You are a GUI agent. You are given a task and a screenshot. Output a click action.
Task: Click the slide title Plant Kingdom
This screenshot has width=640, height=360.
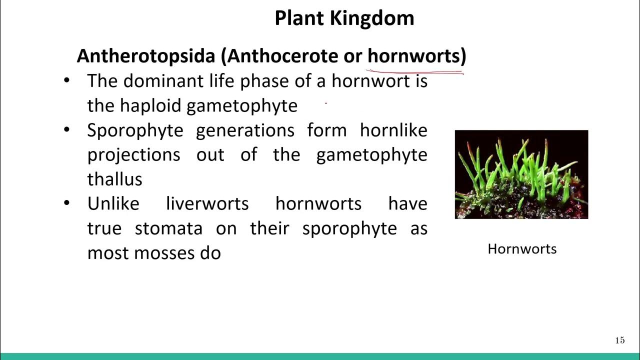tap(344, 18)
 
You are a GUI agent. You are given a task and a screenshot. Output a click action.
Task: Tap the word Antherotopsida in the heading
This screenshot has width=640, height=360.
tap(145, 55)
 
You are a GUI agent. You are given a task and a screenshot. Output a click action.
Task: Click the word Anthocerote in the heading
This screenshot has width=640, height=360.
tap(282, 55)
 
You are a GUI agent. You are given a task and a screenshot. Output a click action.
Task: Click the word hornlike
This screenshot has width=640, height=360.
tap(393, 130)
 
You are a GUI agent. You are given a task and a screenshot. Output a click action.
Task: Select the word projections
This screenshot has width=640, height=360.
tap(133, 155)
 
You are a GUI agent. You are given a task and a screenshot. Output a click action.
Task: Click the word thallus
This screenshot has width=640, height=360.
tap(114, 179)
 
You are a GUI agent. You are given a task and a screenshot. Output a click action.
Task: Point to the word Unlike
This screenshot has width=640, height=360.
tap(113, 203)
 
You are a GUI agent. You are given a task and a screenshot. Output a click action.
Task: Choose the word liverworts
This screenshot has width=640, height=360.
tap(207, 203)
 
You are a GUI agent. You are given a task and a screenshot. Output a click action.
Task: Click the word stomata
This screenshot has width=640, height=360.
tap(168, 228)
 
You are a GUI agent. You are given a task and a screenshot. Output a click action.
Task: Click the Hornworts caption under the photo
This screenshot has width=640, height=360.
tap(522, 249)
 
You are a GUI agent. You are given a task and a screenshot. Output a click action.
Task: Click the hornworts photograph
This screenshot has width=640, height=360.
tap(521, 174)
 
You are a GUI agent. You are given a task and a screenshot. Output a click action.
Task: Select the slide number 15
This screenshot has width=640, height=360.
tap(619, 340)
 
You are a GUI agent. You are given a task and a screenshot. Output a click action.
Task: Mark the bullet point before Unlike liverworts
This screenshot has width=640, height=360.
tap(67, 203)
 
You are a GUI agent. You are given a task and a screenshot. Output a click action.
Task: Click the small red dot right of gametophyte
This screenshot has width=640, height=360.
tap(326, 104)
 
